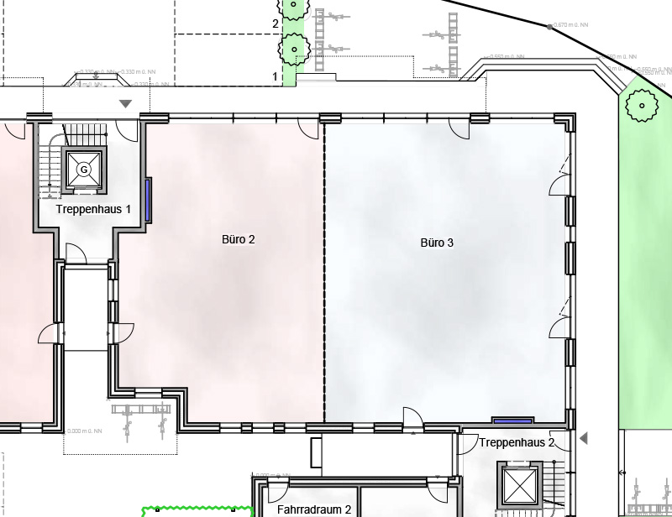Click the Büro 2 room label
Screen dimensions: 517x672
(238, 240)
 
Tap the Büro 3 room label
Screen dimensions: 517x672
(437, 243)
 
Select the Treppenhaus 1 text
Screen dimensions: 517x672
(93, 208)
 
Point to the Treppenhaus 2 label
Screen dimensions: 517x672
(517, 442)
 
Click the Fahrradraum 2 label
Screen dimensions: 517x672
(313, 509)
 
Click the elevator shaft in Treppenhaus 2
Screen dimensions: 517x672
(517, 484)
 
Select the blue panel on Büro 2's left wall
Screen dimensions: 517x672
(149, 200)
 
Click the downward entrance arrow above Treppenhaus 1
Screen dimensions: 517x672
(126, 103)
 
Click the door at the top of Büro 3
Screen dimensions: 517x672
(459, 128)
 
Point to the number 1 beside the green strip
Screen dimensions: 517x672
(275, 76)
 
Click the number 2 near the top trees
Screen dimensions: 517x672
(275, 23)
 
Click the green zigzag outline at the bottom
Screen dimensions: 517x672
(197, 509)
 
